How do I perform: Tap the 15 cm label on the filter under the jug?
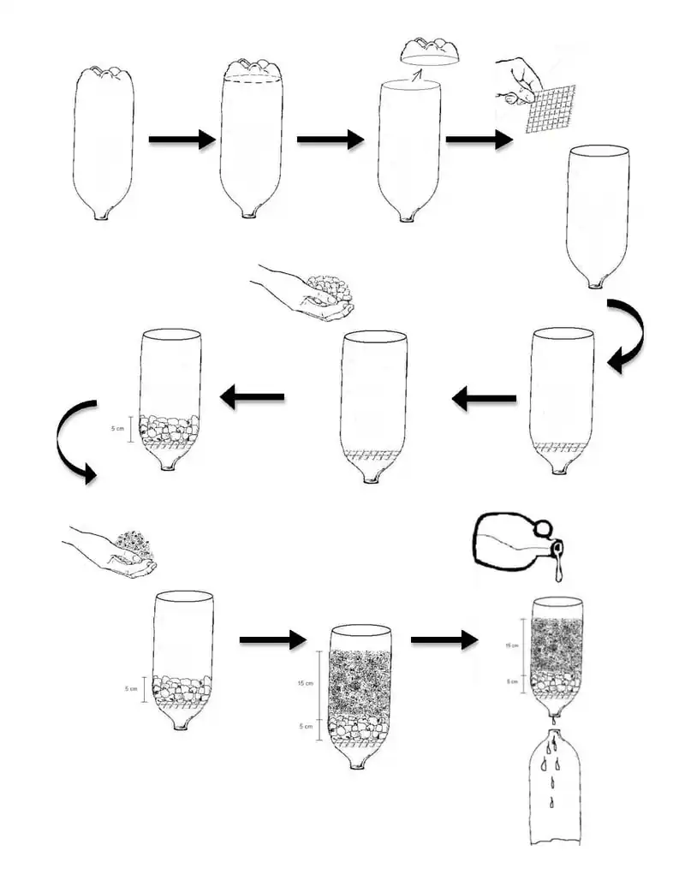point(513,645)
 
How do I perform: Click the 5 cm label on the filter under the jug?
point(513,681)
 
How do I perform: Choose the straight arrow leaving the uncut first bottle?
point(181,140)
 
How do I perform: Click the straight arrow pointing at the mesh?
point(478,140)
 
